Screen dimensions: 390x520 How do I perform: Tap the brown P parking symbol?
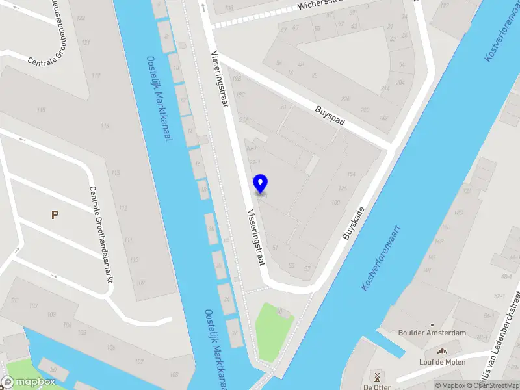pos(55,214)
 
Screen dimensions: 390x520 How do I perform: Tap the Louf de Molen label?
pos(442,362)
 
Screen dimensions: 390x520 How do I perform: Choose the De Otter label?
pos(376,387)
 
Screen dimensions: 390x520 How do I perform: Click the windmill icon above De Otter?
pos(376,376)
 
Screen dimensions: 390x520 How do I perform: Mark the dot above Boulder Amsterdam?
pos(432,324)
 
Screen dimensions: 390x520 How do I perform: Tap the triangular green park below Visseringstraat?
pos(270,328)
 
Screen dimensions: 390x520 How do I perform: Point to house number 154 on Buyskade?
pos(352,174)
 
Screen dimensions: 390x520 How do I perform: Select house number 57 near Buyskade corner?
pos(307,268)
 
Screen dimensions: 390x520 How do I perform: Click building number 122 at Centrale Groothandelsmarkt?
pos(81,18)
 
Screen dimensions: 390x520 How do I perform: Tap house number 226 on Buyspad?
pos(345,99)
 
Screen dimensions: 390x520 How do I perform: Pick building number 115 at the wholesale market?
pos(42,110)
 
